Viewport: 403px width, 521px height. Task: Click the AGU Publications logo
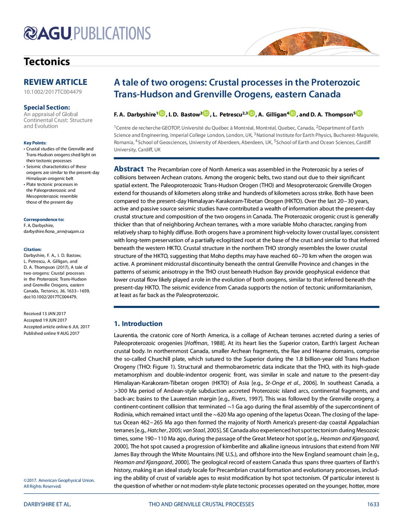88,34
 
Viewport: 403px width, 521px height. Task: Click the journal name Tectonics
46,61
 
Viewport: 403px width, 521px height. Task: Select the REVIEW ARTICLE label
55,82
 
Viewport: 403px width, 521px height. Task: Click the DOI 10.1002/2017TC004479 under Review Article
53,92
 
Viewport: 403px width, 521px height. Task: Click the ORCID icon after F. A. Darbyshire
162,114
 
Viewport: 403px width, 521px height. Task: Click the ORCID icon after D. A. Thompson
359,114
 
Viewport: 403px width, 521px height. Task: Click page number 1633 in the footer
372,504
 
